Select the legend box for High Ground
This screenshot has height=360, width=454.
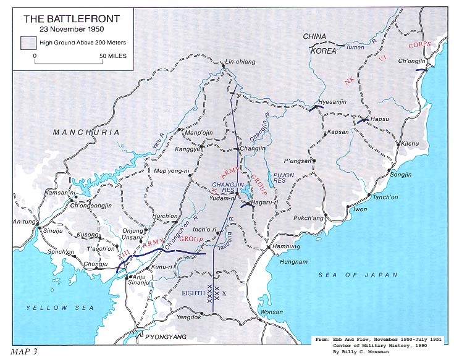(x=27, y=43)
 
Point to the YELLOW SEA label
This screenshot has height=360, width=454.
(x=59, y=307)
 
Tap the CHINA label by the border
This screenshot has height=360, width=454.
(x=314, y=37)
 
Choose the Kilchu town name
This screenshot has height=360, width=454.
(x=410, y=143)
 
